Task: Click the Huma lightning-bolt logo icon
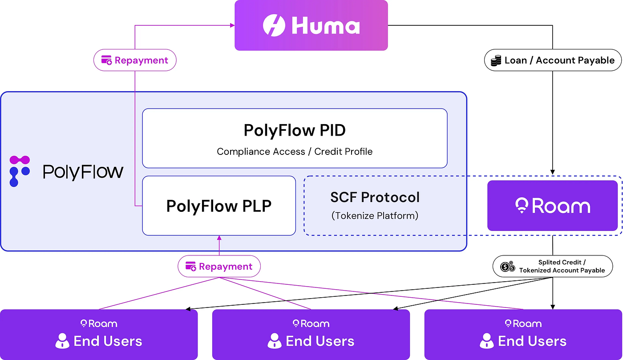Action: (274, 25)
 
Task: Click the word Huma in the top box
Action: (325, 26)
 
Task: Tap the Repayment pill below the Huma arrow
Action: (135, 60)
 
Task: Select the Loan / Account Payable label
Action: (553, 60)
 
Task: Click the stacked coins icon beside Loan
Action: (496, 61)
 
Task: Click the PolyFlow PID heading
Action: (295, 130)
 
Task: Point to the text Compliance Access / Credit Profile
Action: (295, 152)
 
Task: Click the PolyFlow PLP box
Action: (219, 206)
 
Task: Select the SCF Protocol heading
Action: (375, 197)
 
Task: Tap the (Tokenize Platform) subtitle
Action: (375, 216)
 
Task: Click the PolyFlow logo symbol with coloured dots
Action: (20, 171)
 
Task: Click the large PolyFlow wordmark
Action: (83, 172)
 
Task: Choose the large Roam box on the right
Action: (552, 206)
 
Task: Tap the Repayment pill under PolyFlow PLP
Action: (219, 266)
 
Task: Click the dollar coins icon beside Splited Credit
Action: (508, 267)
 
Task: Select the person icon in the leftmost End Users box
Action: (62, 341)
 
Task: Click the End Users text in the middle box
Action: (320, 341)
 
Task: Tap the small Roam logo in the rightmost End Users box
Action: (523, 324)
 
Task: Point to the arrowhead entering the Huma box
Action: (232, 25)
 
